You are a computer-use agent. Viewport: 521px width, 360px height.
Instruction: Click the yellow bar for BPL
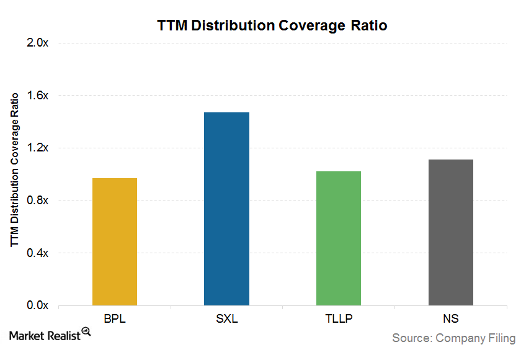(115, 241)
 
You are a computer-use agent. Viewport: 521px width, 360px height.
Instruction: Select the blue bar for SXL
(226, 209)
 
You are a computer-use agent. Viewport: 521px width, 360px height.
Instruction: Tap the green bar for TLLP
(339, 238)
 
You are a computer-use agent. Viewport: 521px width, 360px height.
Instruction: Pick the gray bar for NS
(451, 232)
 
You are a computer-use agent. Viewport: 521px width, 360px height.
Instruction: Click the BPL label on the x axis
(115, 319)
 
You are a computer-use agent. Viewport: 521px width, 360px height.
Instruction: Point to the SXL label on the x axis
(226, 319)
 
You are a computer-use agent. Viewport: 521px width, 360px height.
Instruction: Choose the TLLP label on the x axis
(339, 319)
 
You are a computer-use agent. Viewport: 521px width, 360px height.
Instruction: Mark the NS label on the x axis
(451, 319)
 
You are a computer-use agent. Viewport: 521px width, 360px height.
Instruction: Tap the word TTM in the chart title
(171, 26)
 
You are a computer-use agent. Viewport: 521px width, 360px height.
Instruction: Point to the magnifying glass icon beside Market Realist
(86, 333)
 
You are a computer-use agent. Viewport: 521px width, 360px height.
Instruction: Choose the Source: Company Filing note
(453, 338)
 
